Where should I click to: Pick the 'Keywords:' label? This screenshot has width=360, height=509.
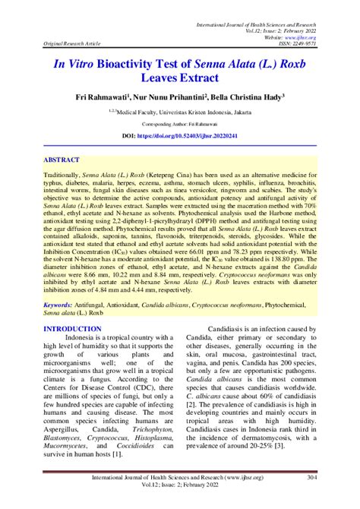point(63,303)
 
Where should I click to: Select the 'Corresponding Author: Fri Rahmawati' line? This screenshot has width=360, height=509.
point(179,123)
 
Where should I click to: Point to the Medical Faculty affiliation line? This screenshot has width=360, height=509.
point(181,111)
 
